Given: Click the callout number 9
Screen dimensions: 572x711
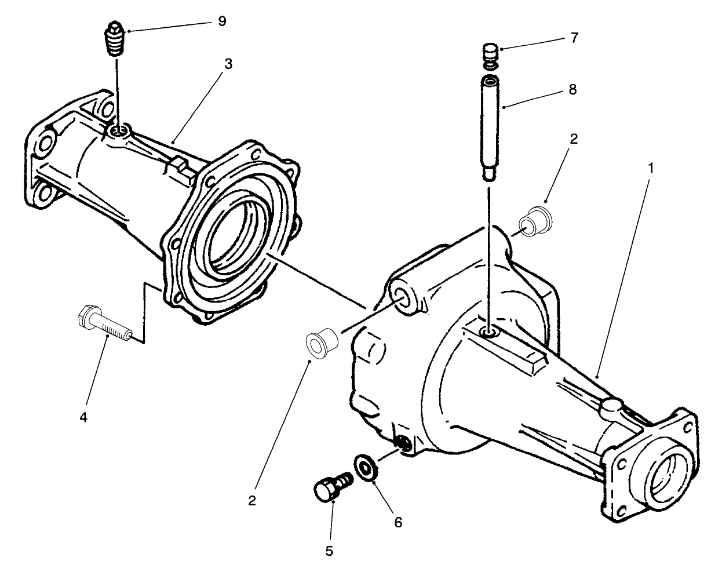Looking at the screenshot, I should tap(222, 21).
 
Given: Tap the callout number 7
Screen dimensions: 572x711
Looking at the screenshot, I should tap(574, 38).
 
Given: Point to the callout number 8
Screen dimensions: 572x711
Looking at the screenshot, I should tap(573, 90).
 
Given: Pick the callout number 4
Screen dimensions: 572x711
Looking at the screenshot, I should tap(83, 417).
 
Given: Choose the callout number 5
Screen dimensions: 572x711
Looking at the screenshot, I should tap(329, 551).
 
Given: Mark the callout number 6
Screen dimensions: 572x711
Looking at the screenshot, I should tap(398, 521).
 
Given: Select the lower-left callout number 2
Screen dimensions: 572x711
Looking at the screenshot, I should tap(251, 500).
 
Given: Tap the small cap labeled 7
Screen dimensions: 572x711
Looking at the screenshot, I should tap(491, 53).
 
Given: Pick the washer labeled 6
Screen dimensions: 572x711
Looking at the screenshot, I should tap(365, 467).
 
